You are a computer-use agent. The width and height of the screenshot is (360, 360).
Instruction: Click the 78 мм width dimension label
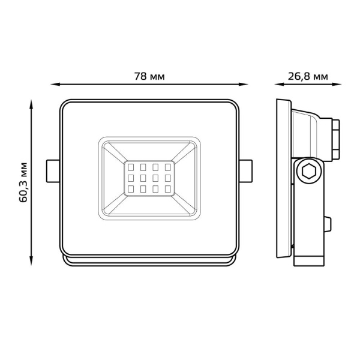click(x=149, y=77)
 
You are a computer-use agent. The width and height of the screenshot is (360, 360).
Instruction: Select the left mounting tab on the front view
click(x=53, y=170)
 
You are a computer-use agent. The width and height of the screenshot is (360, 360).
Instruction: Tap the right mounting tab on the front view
click(x=247, y=170)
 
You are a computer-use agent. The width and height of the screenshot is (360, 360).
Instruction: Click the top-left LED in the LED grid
click(x=130, y=166)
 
